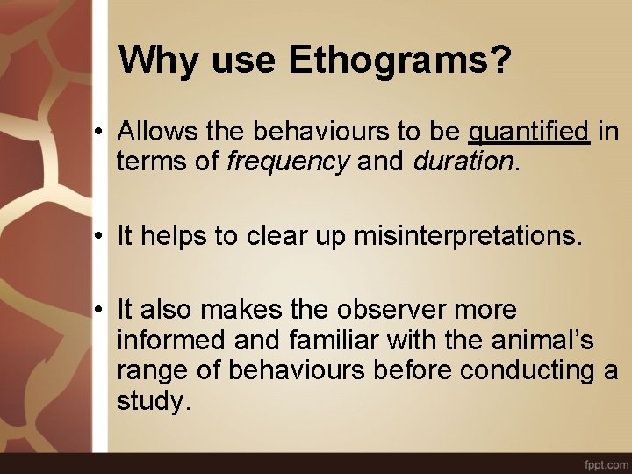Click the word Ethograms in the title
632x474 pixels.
pos(399,61)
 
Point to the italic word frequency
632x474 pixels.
pos(288,162)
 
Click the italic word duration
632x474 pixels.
pos(463,162)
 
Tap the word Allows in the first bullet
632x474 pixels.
pos(157,133)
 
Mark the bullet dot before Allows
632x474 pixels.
pos(103,133)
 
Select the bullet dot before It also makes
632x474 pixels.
pos(103,311)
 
